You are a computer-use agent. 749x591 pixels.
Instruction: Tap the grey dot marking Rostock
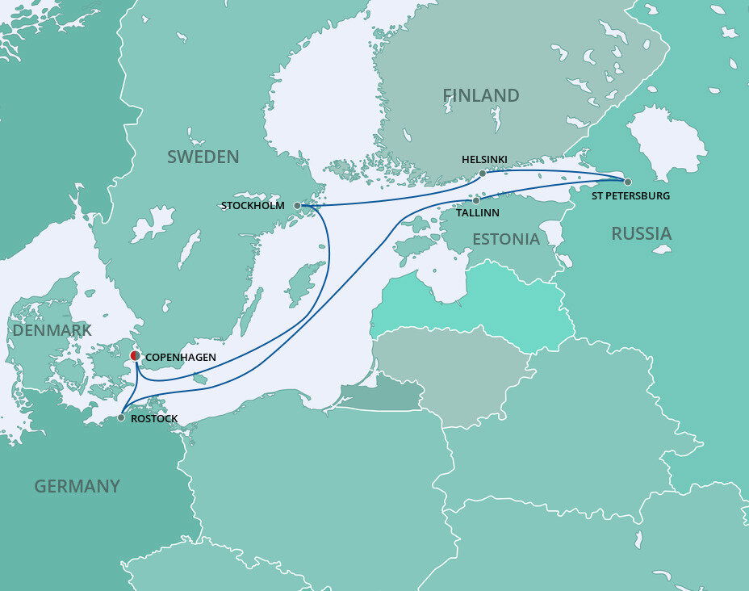(121, 417)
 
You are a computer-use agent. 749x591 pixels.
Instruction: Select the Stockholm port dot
(297, 206)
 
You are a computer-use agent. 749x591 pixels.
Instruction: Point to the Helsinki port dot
(483, 173)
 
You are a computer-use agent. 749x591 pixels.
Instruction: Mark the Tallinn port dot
(476, 200)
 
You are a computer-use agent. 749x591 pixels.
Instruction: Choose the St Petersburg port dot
(627, 182)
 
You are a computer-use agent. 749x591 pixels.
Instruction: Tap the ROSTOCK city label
(153, 419)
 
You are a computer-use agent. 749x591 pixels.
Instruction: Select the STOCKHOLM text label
(253, 206)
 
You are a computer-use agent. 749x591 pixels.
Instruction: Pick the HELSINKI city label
(484, 160)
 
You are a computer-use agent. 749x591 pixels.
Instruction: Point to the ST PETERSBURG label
(631, 196)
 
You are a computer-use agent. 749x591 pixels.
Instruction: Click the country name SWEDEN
(203, 157)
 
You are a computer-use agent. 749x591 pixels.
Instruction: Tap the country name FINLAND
(481, 95)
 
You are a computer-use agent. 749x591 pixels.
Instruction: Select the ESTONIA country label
(505, 239)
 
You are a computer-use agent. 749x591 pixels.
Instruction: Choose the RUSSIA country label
(641, 233)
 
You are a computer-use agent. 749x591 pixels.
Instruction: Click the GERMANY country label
(77, 486)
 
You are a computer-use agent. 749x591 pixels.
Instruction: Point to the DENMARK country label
(52, 330)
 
